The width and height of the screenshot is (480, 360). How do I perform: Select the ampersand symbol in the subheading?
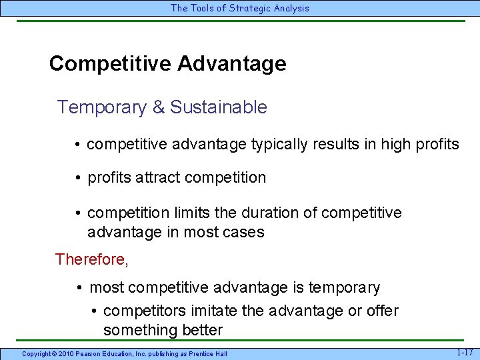[159, 107]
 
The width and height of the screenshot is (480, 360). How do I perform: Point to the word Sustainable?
[219, 107]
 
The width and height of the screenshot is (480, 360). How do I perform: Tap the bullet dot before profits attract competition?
[79, 178]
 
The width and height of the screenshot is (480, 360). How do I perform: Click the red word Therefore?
[91, 259]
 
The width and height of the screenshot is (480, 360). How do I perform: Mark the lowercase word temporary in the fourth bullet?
[345, 288]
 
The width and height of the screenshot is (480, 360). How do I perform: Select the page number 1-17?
[465, 351]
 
